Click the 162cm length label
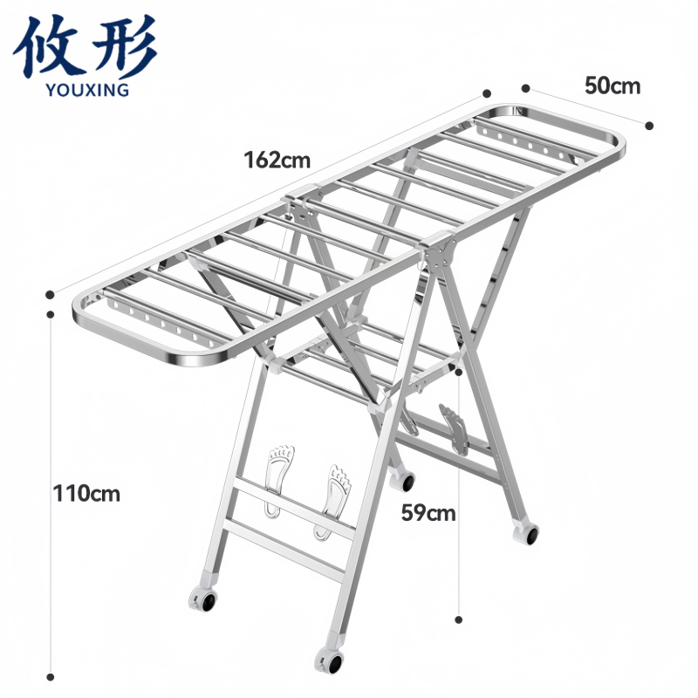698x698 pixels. [277, 161]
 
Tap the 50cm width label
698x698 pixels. [612, 86]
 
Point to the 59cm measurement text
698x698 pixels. [428, 513]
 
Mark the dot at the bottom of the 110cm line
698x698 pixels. [51, 676]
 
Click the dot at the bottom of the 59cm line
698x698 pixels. [459, 619]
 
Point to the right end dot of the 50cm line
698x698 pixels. [649, 125]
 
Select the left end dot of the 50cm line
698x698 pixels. [525, 87]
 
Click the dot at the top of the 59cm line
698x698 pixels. [459, 372]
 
